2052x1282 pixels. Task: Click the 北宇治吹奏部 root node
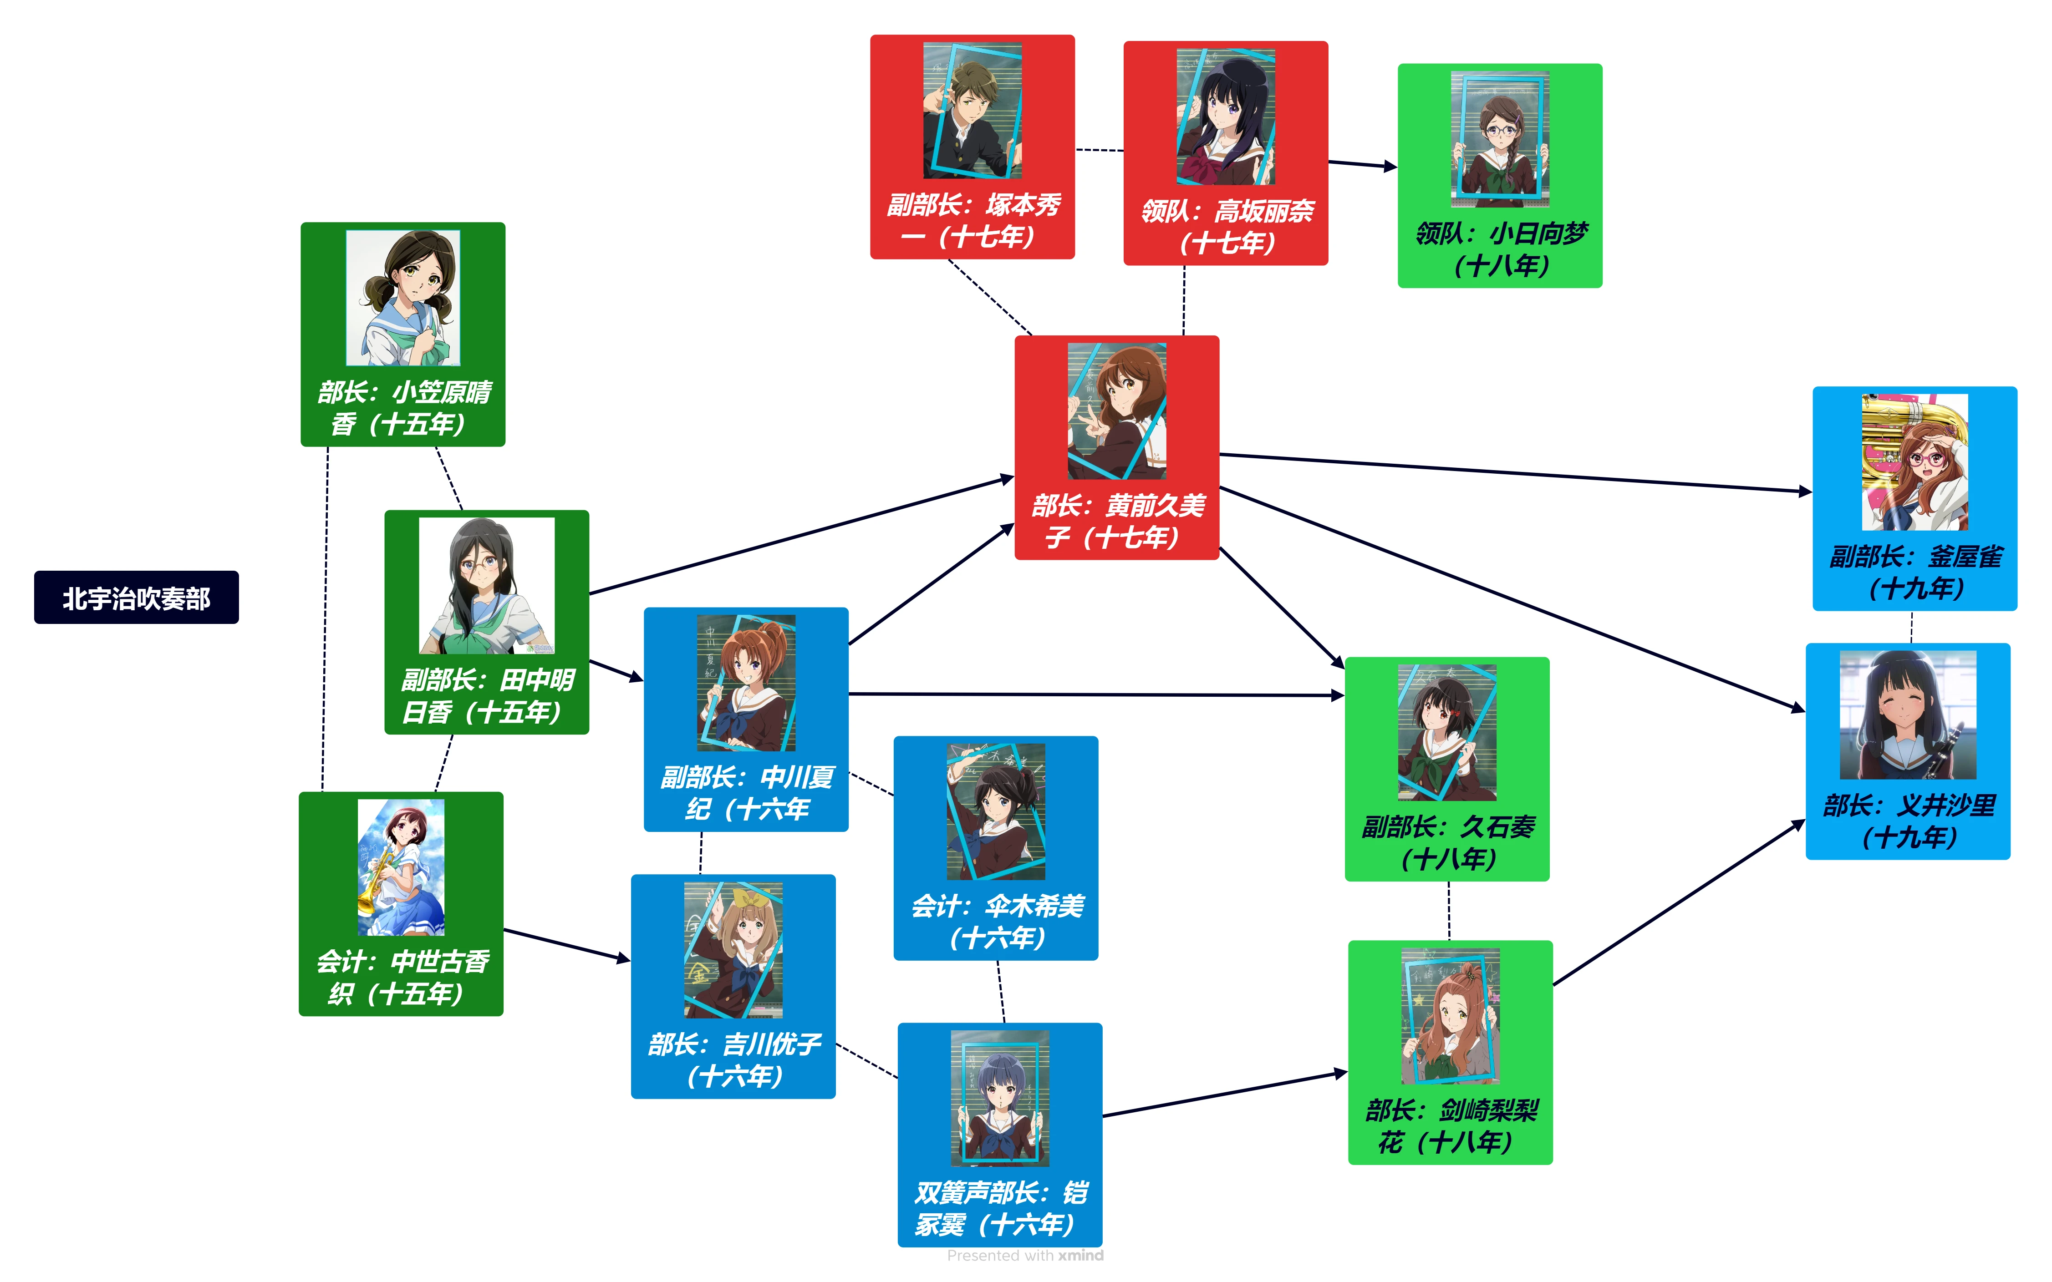click(x=136, y=598)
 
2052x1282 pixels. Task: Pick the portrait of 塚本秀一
click(x=972, y=110)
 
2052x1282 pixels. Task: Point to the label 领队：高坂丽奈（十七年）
click(x=1226, y=226)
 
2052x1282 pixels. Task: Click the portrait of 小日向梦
click(x=1500, y=138)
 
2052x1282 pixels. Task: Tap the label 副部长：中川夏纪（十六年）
click(x=747, y=793)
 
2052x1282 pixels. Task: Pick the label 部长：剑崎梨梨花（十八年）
click(x=1451, y=1126)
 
